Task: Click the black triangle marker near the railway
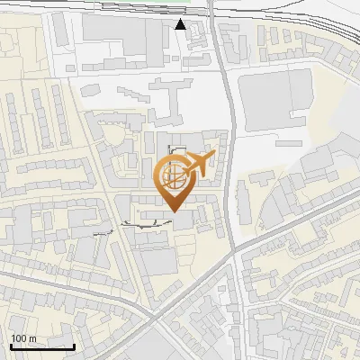coord(181,24)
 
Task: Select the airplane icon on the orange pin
coord(200,165)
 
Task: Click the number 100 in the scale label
coord(19,337)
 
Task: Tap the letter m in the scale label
coord(33,337)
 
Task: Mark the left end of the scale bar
coord(10,346)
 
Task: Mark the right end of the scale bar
coord(75,346)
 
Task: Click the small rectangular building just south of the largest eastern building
coord(289,142)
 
